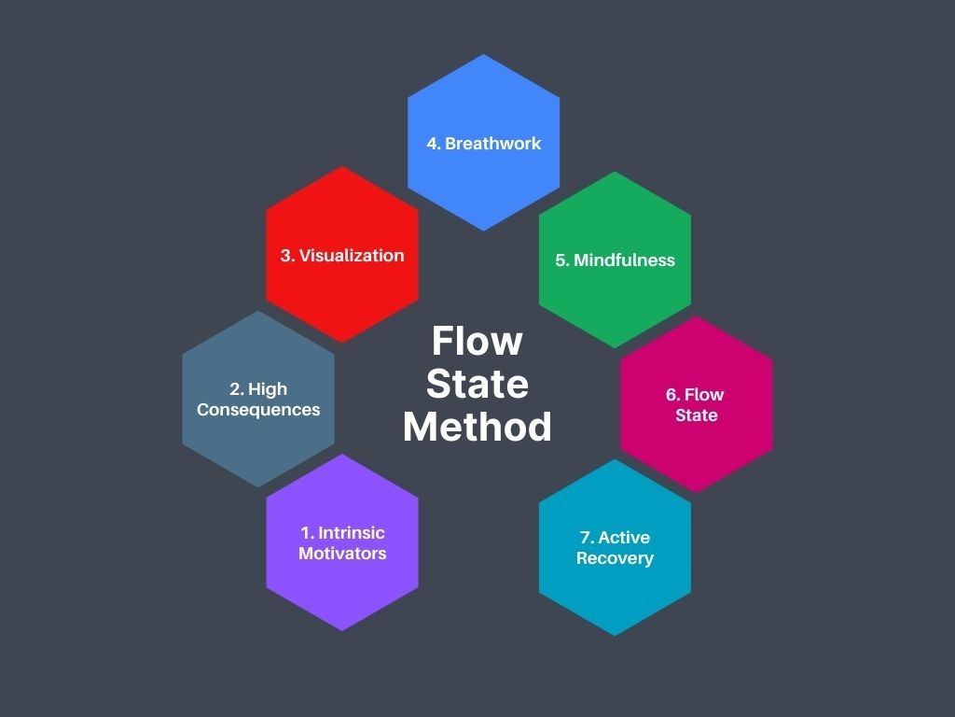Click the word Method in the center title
(477, 427)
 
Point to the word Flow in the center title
(477, 341)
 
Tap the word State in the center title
(477, 384)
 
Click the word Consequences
(258, 410)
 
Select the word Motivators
(342, 554)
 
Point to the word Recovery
(615, 558)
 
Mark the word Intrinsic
(352, 533)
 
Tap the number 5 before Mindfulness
(561, 260)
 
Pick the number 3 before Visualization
(286, 256)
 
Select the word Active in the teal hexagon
(624, 538)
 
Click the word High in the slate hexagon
(268, 389)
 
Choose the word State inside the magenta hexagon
(697, 415)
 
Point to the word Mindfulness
(624, 260)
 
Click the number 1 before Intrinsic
(305, 533)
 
